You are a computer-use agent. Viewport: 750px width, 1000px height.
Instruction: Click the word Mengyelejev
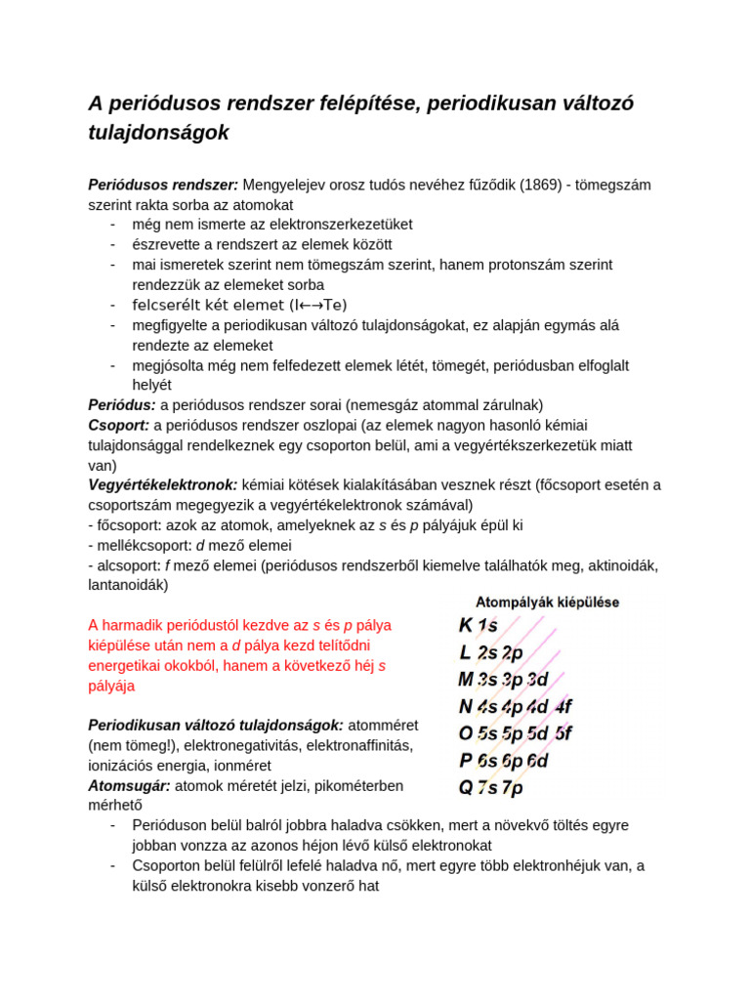point(289,185)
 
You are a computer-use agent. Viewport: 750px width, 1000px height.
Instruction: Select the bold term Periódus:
point(122,404)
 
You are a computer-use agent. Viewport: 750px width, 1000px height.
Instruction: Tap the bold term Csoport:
point(119,425)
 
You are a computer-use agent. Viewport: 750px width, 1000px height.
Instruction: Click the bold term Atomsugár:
point(129,785)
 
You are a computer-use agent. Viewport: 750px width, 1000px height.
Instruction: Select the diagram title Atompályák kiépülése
point(547,603)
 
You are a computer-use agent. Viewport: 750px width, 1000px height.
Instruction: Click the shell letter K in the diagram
point(466,626)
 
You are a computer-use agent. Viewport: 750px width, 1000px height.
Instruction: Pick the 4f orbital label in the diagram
point(564,706)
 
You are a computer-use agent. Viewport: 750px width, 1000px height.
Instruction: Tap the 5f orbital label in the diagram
point(564,732)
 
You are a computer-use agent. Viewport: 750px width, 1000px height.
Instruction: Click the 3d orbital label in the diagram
point(538,680)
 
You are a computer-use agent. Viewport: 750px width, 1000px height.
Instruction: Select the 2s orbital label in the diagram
point(487,653)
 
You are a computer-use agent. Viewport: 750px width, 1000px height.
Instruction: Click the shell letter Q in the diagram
point(467,786)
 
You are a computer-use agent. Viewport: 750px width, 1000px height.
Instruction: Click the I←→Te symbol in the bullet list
point(318,305)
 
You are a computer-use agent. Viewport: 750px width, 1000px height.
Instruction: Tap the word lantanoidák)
point(128,585)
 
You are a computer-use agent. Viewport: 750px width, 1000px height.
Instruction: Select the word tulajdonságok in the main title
point(158,133)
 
